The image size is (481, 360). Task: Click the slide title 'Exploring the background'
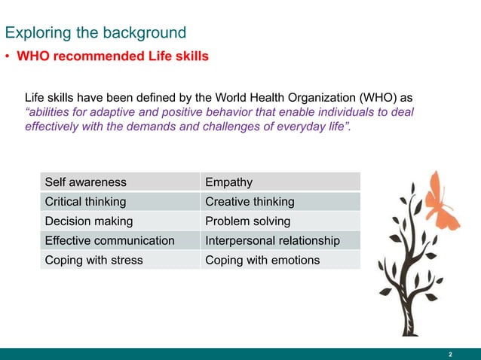[95, 32]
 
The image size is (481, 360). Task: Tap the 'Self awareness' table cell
[85, 182]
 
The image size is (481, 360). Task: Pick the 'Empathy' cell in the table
[228, 182]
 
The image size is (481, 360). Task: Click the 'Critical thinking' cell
[85, 202]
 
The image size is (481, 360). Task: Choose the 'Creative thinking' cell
[250, 202]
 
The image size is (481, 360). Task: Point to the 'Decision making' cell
[88, 221]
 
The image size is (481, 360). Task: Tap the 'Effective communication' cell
[109, 241]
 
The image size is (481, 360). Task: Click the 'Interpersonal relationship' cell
[272, 241]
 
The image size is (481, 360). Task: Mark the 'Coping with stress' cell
[93, 261]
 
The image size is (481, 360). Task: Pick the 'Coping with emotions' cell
[262, 261]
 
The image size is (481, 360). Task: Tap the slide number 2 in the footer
[450, 354]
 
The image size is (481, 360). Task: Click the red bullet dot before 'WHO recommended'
[8, 57]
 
